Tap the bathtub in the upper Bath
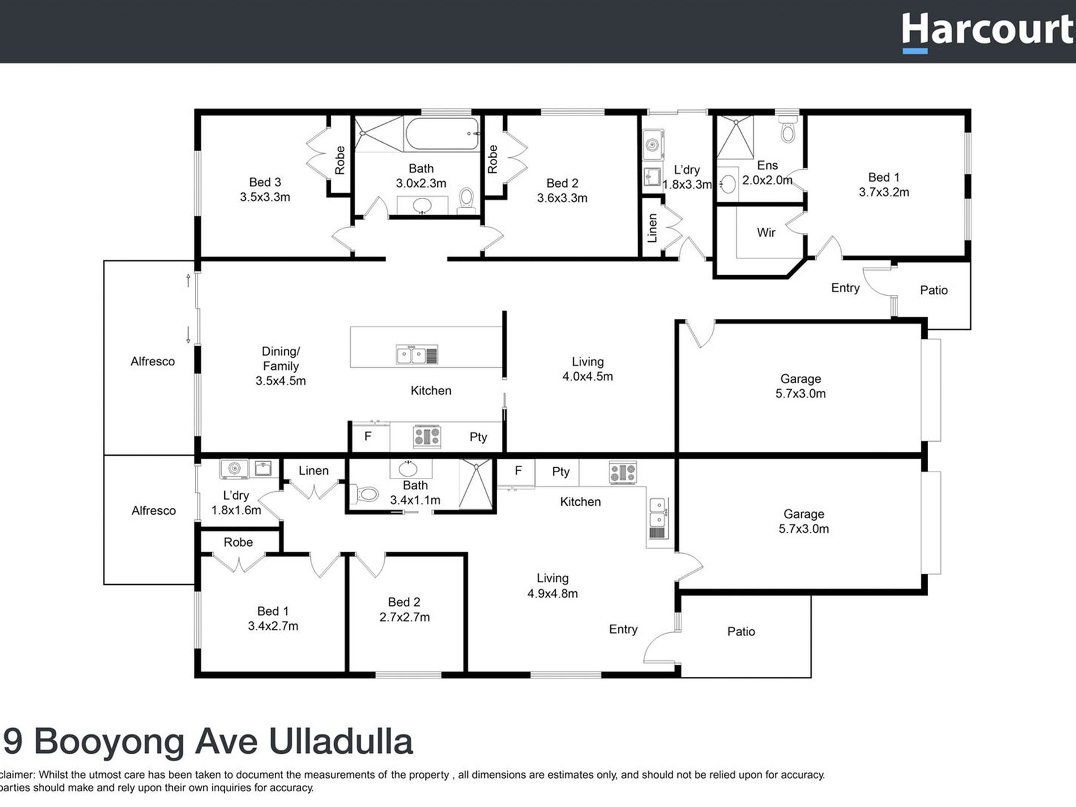pyautogui.click(x=442, y=134)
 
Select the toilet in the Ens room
pyautogui.click(x=788, y=130)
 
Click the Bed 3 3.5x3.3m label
pyautogui.click(x=264, y=190)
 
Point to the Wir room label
pyautogui.click(x=766, y=232)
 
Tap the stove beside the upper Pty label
pyautogui.click(x=427, y=437)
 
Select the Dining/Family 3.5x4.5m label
pyautogui.click(x=280, y=366)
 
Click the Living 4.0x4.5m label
pyautogui.click(x=587, y=369)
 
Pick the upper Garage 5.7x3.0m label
pyautogui.click(x=800, y=386)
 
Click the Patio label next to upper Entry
pyautogui.click(x=933, y=290)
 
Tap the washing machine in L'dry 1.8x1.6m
pyautogui.click(x=234, y=468)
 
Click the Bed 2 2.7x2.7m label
pyautogui.click(x=404, y=609)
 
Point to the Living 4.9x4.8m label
pyautogui.click(x=552, y=586)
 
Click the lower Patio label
pyautogui.click(x=741, y=631)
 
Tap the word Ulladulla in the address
pyautogui.click(x=340, y=741)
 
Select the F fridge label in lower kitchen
pyautogui.click(x=518, y=471)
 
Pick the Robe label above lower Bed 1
pyautogui.click(x=238, y=542)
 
